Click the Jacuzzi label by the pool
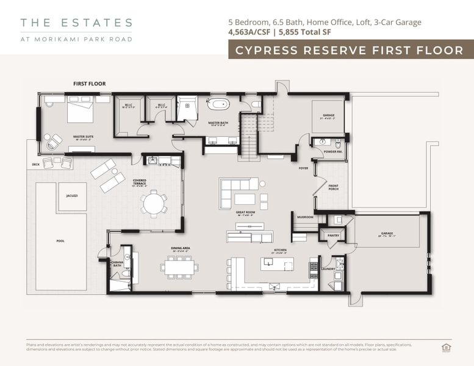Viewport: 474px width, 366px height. (72, 196)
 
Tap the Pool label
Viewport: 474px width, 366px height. (60, 241)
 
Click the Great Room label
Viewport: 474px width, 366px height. (245, 213)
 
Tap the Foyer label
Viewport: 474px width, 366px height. (303, 168)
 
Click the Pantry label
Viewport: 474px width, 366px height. (332, 235)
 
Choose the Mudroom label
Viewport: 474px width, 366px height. (304, 217)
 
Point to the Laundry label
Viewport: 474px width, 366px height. (328, 268)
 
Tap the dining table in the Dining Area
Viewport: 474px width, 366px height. (179, 267)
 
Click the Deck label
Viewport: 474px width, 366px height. (36, 165)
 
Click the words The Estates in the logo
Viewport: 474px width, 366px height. (76, 23)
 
